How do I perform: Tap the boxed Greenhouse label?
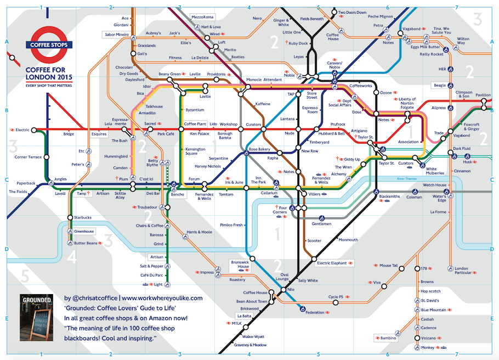tap(84, 232)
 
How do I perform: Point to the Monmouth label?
tap(348, 240)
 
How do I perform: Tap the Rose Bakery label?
tap(259, 149)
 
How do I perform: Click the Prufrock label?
tap(338, 125)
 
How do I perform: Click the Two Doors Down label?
tap(352, 12)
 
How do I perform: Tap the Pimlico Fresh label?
tap(231, 225)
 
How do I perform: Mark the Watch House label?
tap(434, 185)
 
